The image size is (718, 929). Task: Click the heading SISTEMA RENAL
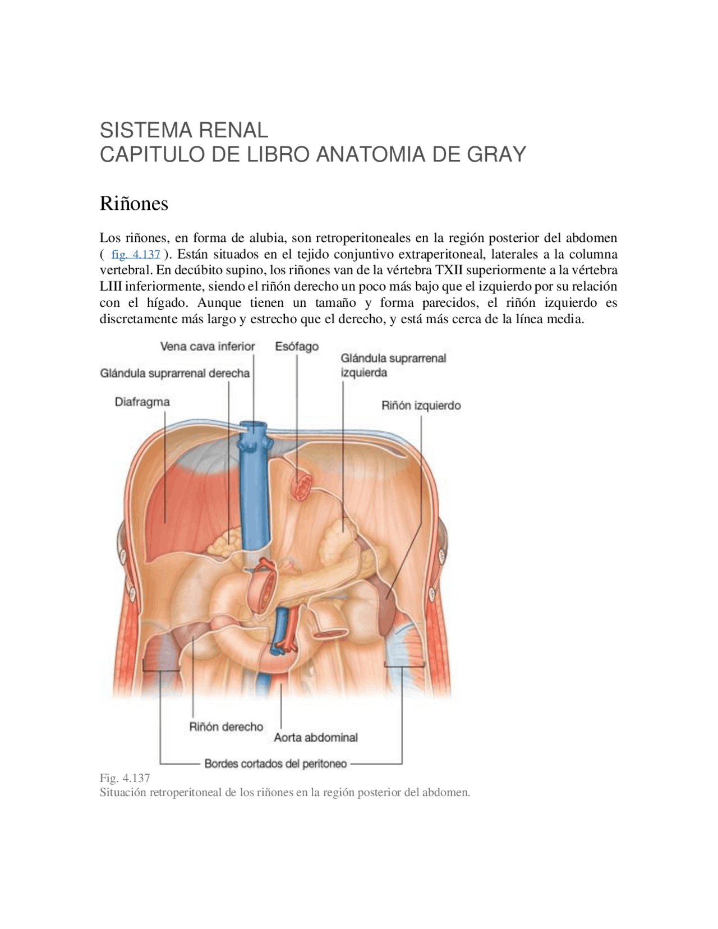click(x=183, y=130)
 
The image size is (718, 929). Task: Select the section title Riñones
click(x=134, y=204)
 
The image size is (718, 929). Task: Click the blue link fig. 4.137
click(x=136, y=254)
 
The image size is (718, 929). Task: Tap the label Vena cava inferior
click(x=208, y=346)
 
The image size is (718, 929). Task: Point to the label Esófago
click(x=297, y=346)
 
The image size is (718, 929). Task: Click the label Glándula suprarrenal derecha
click(x=175, y=373)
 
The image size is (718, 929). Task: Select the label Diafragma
click(x=142, y=402)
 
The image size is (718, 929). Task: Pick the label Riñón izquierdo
click(x=421, y=405)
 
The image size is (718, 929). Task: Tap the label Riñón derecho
click(x=226, y=726)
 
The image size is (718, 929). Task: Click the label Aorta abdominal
click(x=316, y=737)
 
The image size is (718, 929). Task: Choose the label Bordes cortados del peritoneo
click(x=275, y=764)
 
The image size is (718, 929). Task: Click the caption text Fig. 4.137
click(x=125, y=778)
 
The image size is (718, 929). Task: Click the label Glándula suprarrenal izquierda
click(x=393, y=365)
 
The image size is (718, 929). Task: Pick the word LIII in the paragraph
click(x=111, y=287)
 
